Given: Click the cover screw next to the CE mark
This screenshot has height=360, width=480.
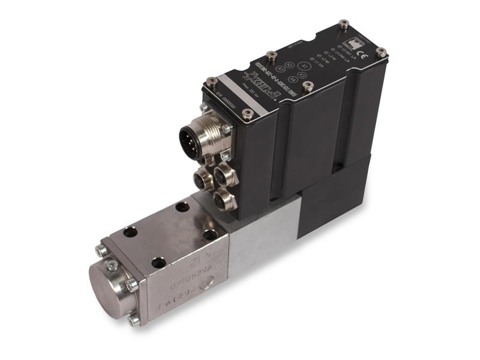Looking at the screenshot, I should [380, 53].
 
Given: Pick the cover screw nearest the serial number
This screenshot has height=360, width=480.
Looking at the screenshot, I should [247, 112].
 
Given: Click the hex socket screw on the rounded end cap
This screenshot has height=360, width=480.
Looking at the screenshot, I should [112, 265].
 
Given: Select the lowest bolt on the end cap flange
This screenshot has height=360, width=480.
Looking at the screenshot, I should [133, 320].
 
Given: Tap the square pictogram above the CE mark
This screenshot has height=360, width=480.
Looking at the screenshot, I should [355, 44].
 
